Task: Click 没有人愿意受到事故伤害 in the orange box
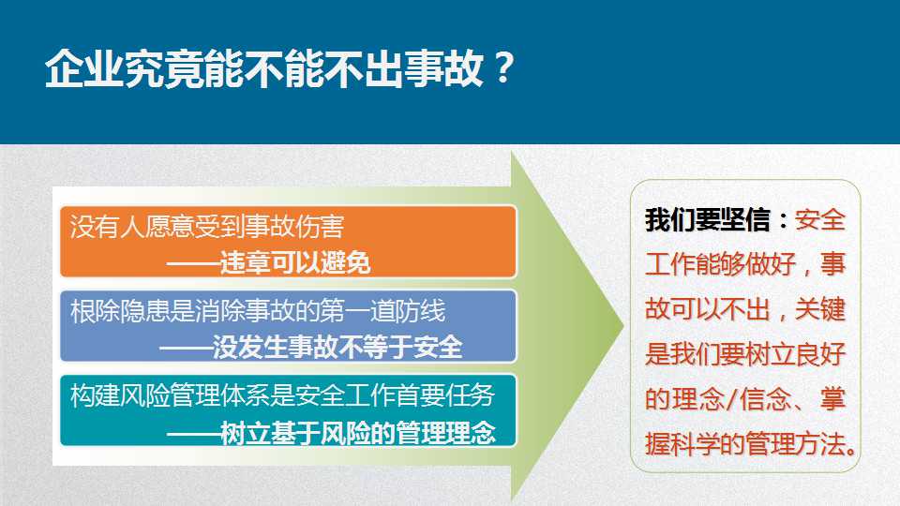206,227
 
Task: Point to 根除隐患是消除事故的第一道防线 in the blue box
258,311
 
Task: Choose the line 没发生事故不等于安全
310,348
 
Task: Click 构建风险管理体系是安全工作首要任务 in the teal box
282,395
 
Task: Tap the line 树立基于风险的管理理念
331,433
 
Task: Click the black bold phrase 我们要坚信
708,220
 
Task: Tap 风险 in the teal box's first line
145,395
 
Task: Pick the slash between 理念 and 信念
731,399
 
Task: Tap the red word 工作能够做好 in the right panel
720,264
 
